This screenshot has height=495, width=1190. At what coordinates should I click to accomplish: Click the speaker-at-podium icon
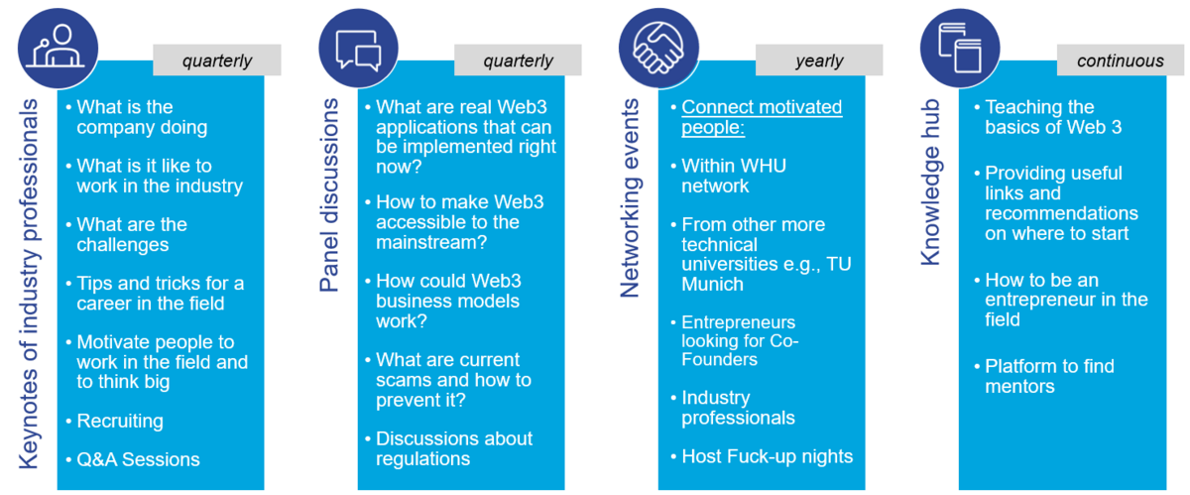pos(58,48)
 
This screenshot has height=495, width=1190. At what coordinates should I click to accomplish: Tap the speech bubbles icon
pos(359,48)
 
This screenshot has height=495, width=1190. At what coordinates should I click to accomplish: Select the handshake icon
pos(658,48)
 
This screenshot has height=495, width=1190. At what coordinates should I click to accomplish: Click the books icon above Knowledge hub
pos(960,48)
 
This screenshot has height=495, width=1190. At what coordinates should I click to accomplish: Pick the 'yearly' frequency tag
pos(819,61)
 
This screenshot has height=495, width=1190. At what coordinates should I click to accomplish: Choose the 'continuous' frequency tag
pos(1120,61)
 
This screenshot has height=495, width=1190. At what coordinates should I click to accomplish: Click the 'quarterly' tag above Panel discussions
pos(518,61)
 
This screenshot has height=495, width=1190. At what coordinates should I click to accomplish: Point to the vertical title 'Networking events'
pos(630,197)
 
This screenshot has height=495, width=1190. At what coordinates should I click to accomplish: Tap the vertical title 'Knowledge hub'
pos(930,182)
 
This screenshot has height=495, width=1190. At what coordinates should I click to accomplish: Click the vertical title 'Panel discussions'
pos(329,195)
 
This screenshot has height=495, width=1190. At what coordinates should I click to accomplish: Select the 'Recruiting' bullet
pos(120,421)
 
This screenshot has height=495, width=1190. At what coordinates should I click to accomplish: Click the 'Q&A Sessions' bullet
pos(138,459)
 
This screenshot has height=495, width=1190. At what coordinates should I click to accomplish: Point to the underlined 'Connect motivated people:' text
pos(762,117)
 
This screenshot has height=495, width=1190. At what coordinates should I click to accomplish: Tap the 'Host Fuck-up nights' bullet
pos(768,456)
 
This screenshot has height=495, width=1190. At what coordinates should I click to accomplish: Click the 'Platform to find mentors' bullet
pos(1049,376)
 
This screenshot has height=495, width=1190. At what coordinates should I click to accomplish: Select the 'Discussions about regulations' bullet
pos(454,448)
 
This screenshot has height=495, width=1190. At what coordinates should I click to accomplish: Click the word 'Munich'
pos(712,284)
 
